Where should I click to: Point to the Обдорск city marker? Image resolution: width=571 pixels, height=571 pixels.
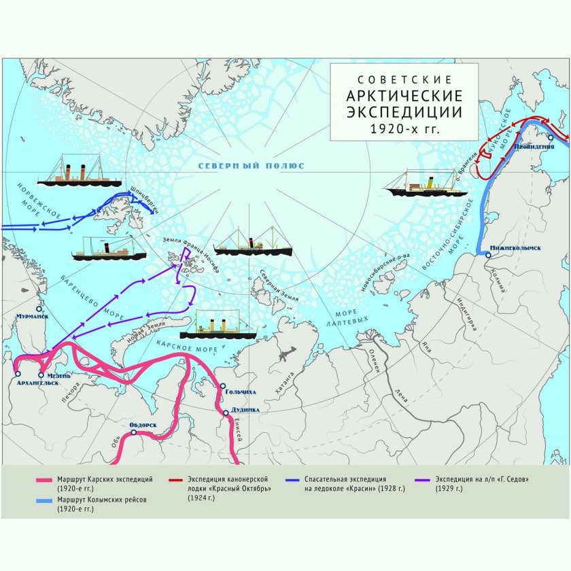(134, 432)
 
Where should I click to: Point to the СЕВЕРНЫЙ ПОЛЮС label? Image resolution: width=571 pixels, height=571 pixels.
(252, 166)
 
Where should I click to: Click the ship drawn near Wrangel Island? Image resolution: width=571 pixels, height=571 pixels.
(416, 185)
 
